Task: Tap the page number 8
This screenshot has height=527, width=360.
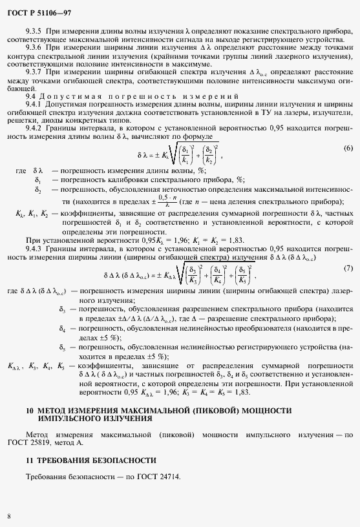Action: pyautogui.click(x=8, y=516)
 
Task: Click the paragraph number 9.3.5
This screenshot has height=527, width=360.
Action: pyautogui.click(x=34, y=31)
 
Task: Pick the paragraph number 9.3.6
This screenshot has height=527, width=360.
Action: pyautogui.click(x=34, y=48)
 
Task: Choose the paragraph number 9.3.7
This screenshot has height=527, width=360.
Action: pyautogui.click(x=34, y=73)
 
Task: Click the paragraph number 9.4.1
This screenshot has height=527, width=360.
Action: pyautogui.click(x=34, y=105)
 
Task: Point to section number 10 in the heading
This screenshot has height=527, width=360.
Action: pyautogui.click(x=30, y=411)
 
